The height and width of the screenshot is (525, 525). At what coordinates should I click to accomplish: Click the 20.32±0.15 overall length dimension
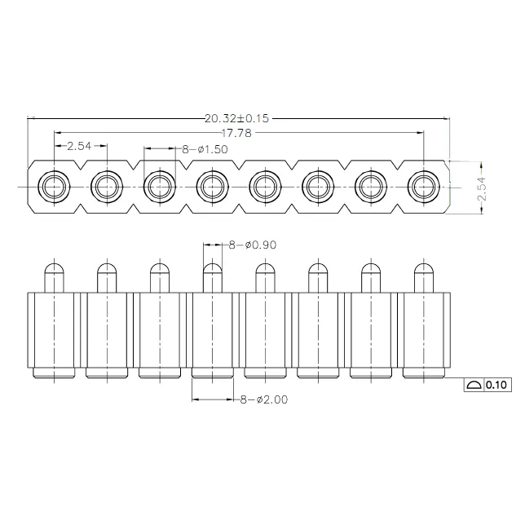pyautogui.click(x=236, y=118)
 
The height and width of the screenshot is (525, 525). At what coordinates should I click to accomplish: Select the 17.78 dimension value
pyautogui.click(x=236, y=133)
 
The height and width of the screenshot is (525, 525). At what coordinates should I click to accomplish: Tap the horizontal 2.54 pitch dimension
pyautogui.click(x=79, y=146)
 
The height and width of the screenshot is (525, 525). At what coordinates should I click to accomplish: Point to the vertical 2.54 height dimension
pyautogui.click(x=482, y=188)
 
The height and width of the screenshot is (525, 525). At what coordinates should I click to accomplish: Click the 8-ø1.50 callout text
pyautogui.click(x=205, y=149)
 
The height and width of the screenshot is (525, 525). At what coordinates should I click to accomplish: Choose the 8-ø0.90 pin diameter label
pyautogui.click(x=253, y=245)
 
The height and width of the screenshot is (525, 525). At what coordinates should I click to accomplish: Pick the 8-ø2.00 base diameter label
pyautogui.click(x=264, y=399)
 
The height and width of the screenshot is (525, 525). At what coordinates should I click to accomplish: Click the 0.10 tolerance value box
pyautogui.click(x=496, y=385)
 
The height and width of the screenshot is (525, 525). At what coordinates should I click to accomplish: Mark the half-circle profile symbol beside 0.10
pyautogui.click(x=474, y=385)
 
